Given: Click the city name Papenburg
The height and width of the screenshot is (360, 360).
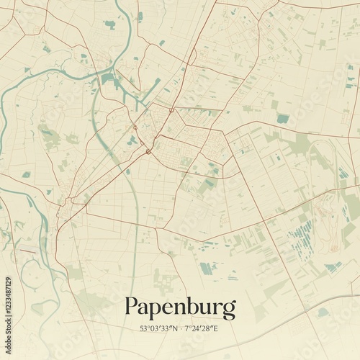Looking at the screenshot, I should point(180,308).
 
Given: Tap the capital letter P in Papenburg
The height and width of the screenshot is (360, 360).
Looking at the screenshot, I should point(132,307).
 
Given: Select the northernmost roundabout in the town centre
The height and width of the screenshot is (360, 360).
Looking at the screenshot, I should point(171,110).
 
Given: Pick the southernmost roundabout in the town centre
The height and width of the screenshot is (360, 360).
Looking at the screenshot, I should point(148,151).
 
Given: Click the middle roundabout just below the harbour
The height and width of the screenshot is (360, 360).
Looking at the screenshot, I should point(135,127).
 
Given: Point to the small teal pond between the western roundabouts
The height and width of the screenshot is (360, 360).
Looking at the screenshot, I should point(132,140).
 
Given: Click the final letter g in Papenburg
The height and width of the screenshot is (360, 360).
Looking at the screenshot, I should point(229,310).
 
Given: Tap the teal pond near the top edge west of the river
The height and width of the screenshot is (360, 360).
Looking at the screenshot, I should point(109,24).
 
